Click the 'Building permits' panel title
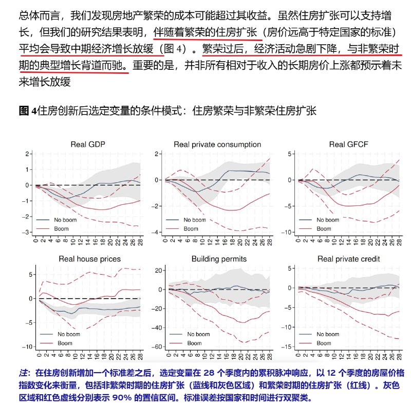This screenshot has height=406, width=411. coord(218,259)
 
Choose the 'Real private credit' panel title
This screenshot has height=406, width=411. coord(349,259)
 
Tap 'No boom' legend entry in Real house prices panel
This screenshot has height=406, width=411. coord(65,334)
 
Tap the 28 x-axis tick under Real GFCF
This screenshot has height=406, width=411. coord(398,241)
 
